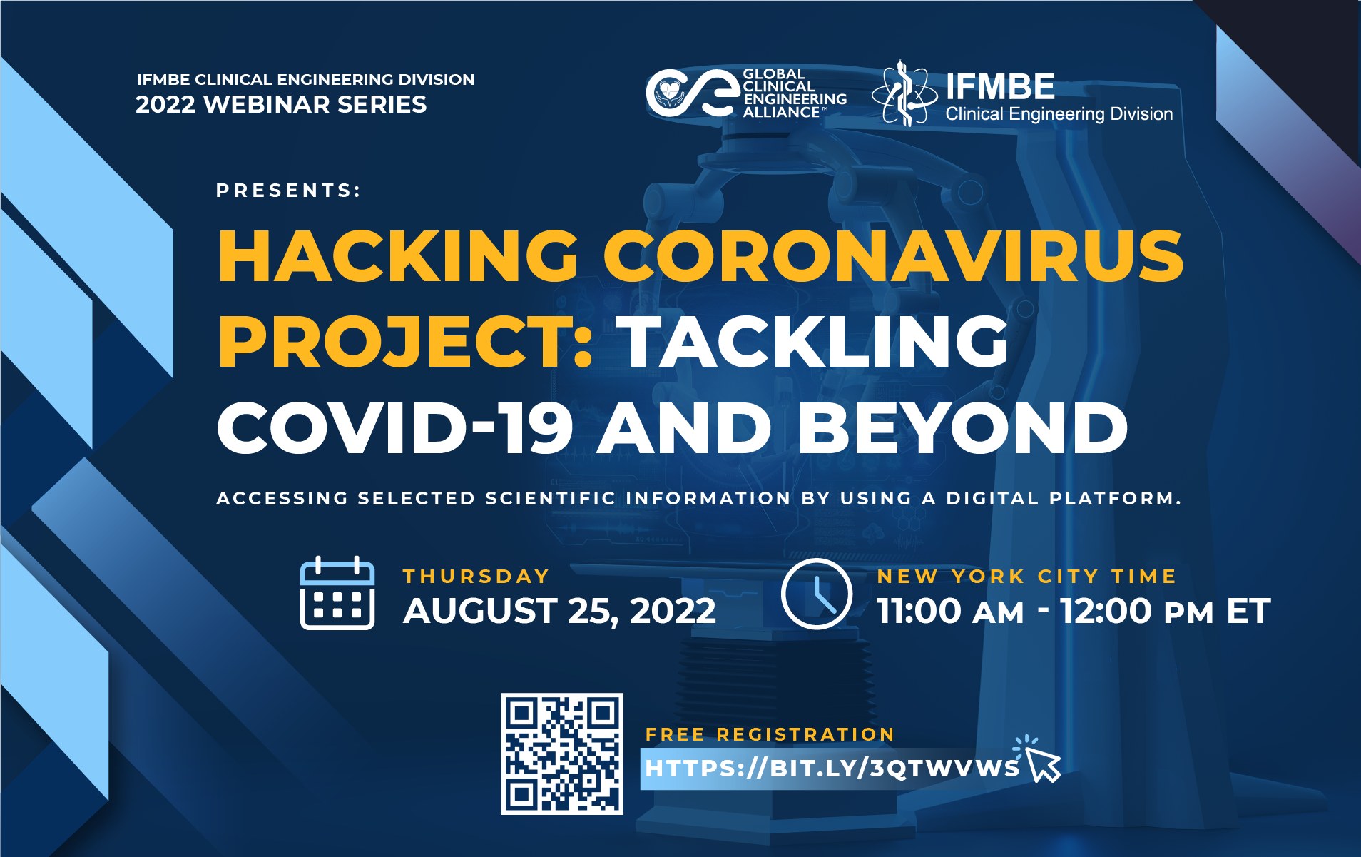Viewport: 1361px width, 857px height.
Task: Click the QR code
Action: (x=562, y=754)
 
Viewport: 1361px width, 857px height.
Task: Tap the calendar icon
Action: (x=337, y=593)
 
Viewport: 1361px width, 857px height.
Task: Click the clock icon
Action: (x=817, y=594)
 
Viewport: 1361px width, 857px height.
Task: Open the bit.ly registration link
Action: (x=832, y=769)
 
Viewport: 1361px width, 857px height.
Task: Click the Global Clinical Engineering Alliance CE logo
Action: (x=690, y=93)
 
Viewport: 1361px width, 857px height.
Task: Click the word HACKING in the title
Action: (x=398, y=255)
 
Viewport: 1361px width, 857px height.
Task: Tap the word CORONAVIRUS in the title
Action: (x=894, y=255)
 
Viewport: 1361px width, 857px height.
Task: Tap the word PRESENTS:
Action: (x=289, y=191)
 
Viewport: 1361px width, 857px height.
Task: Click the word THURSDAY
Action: (x=476, y=576)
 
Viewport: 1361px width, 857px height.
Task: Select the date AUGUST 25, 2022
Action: (x=559, y=611)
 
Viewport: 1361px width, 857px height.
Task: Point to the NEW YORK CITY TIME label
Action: (x=1026, y=576)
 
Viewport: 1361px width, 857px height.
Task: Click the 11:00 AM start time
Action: (x=951, y=611)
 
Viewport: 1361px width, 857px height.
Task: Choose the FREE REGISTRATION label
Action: (x=770, y=734)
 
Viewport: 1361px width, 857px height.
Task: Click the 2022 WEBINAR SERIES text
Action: (x=281, y=104)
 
